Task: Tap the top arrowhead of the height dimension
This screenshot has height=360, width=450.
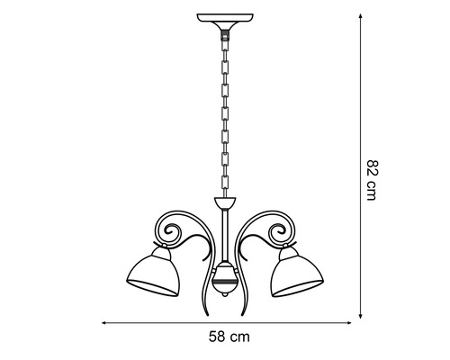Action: [x=361, y=17]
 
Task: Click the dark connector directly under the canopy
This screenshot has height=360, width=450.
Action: [x=221, y=29]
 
